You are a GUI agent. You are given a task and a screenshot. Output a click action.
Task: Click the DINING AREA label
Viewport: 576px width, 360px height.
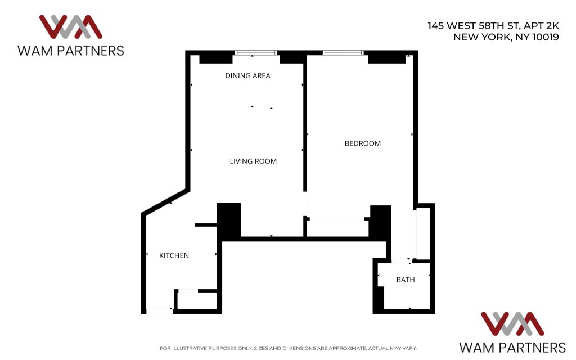tap(247, 76)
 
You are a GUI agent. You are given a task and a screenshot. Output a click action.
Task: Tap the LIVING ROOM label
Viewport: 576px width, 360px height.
tap(253, 161)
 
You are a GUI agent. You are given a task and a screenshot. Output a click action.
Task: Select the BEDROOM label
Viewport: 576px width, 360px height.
tap(363, 143)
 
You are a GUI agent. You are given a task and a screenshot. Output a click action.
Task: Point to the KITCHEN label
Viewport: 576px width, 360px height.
tap(174, 256)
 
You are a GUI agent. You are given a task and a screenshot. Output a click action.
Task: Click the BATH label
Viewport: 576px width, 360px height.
tap(406, 280)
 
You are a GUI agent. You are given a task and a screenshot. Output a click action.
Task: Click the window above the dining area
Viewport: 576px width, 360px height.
tap(256, 53)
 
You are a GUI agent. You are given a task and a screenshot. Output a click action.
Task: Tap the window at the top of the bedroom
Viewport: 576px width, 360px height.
tap(343, 53)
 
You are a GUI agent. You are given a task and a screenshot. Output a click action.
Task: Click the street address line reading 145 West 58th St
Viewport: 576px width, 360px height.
tap(474, 26)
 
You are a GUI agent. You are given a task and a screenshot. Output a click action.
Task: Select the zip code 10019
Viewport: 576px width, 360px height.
tap(546, 37)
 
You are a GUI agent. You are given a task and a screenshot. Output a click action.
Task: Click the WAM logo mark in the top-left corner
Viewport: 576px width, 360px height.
tap(70, 27)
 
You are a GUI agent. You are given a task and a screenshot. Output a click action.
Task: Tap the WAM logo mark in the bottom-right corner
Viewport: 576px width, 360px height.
tap(512, 324)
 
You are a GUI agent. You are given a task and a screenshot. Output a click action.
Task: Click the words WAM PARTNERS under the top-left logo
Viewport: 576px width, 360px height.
tap(70, 51)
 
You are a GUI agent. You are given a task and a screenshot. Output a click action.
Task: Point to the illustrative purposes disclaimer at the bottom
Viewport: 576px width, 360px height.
tap(288, 348)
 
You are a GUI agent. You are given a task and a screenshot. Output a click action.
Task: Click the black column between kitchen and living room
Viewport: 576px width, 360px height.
tap(229, 220)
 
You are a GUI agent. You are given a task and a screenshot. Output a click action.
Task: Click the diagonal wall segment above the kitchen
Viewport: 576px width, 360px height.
tap(166, 202)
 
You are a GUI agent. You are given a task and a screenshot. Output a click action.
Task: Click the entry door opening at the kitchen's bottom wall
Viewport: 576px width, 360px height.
tap(159, 312)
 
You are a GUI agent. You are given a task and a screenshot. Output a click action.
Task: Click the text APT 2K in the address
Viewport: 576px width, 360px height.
tap(541, 26)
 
